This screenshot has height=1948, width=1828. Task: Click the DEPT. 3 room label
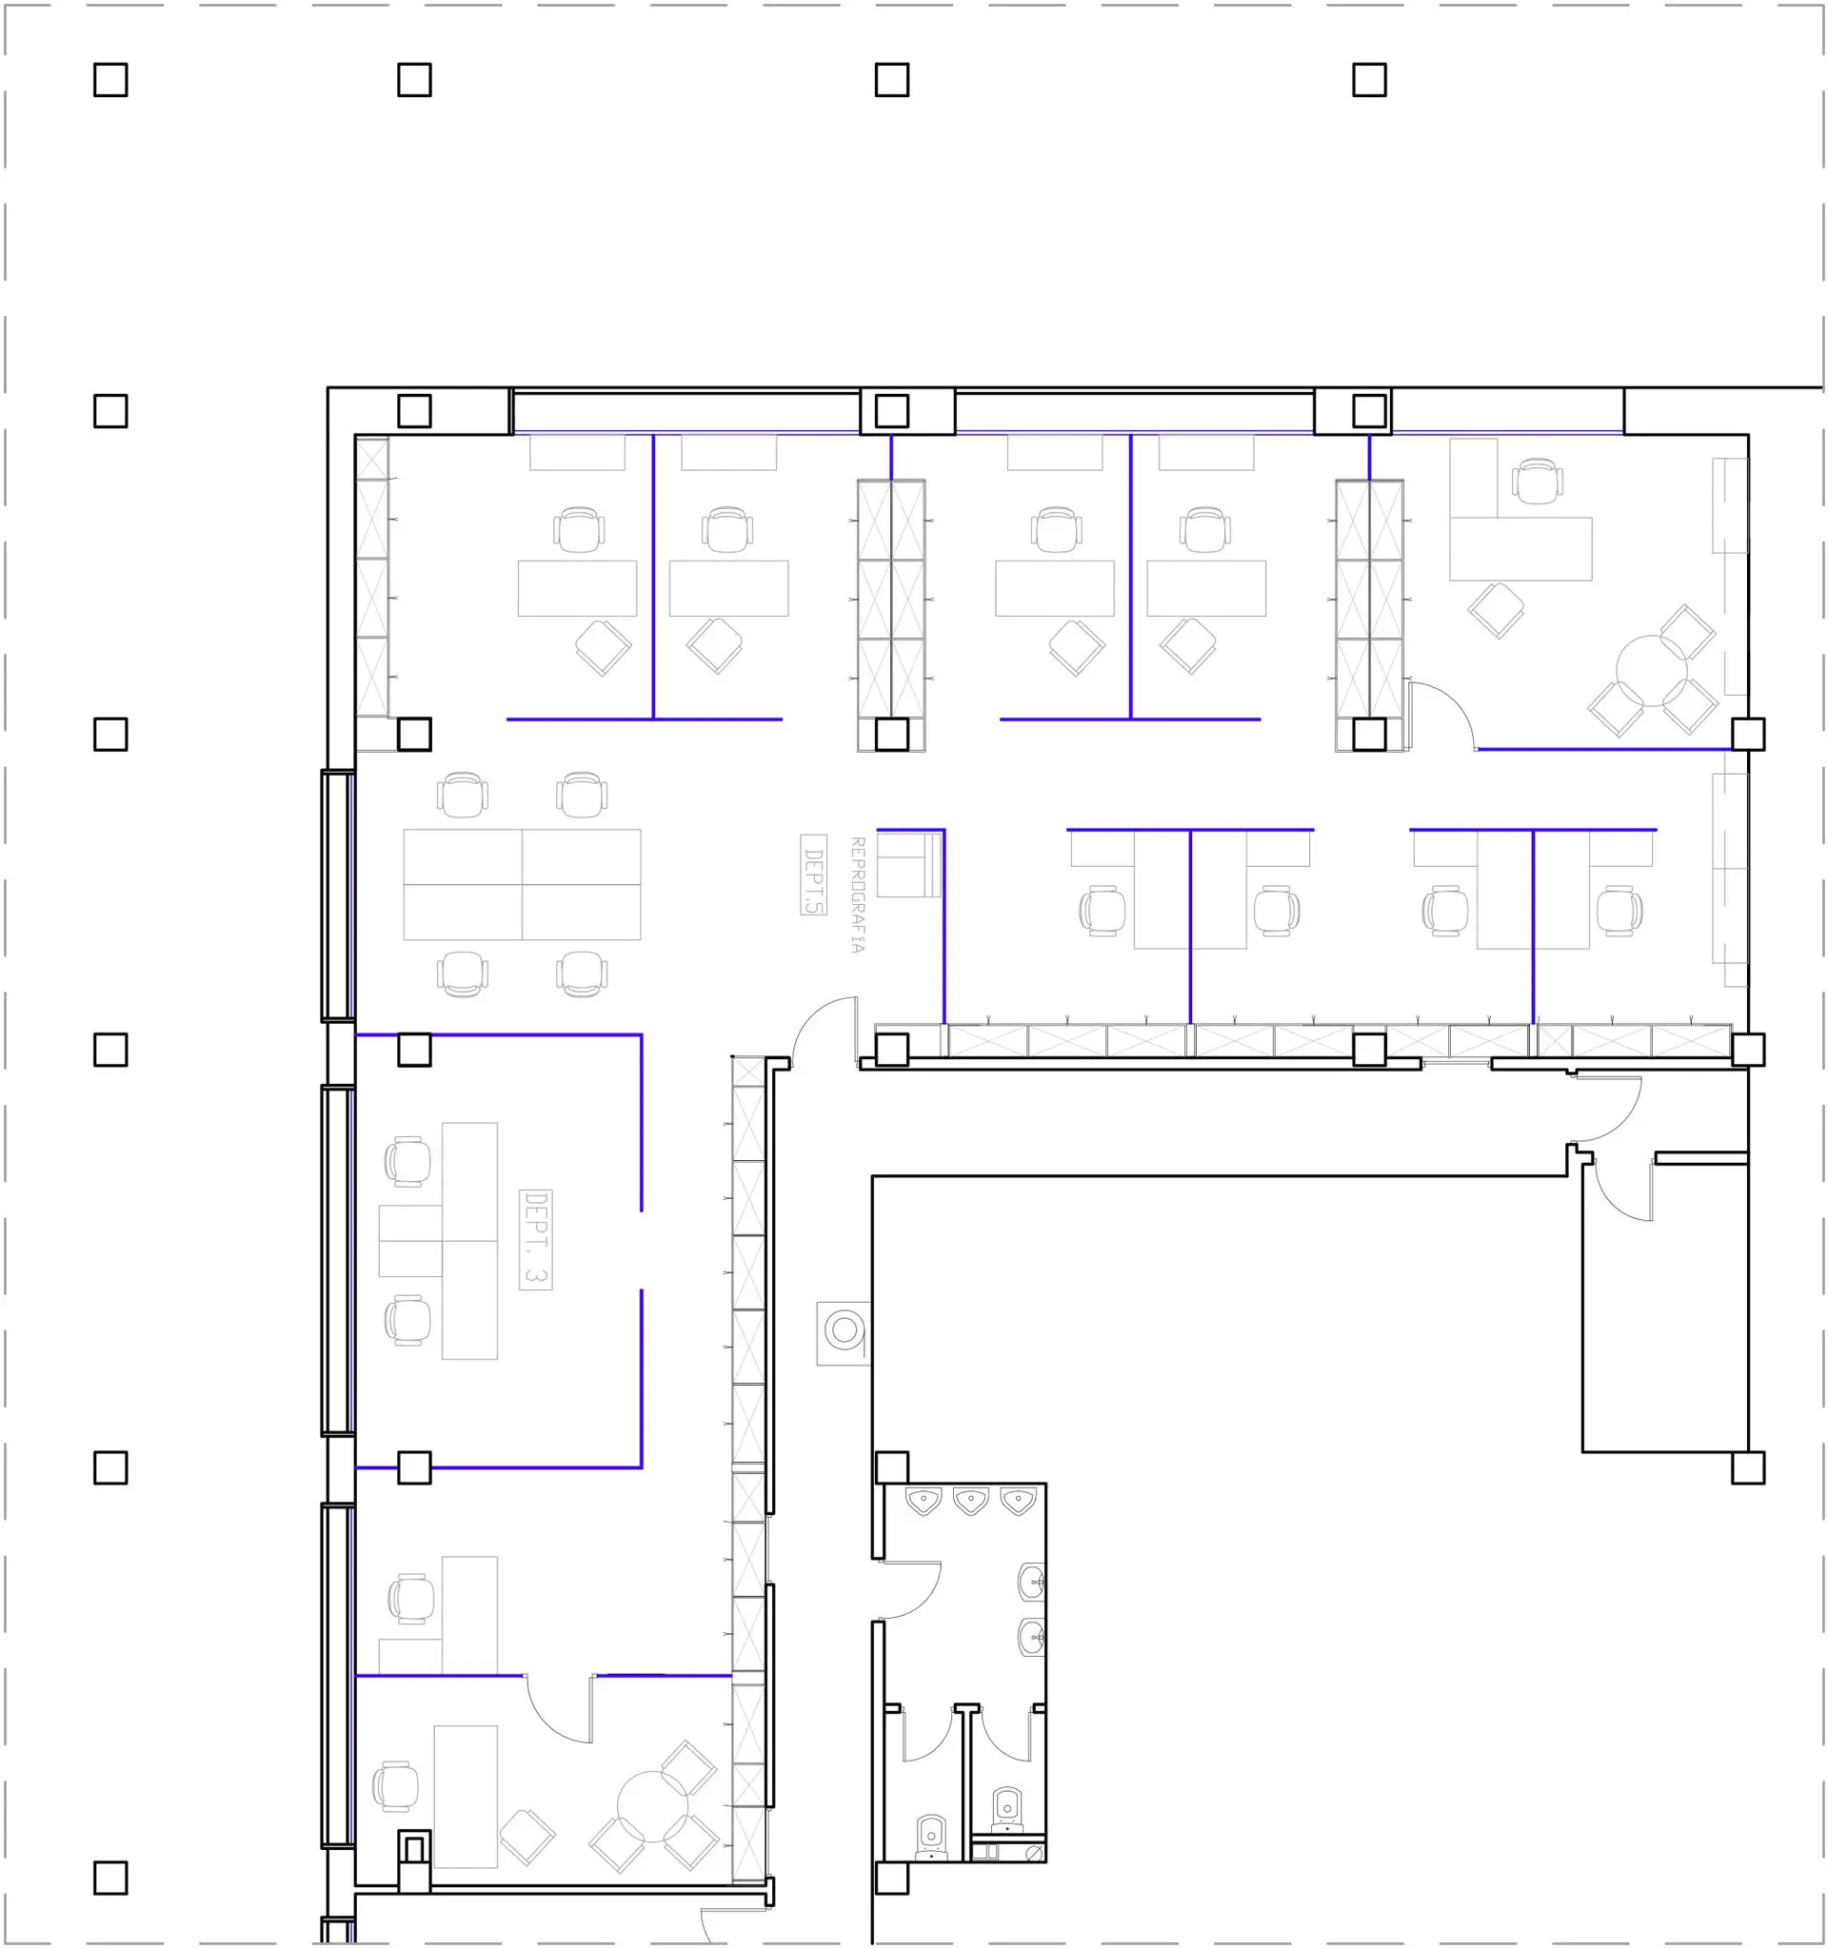coord(535,1239)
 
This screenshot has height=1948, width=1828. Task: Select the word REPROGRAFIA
coord(857,895)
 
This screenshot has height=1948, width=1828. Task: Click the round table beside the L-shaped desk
coord(1652,671)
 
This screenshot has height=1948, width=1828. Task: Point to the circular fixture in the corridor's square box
coord(844,1329)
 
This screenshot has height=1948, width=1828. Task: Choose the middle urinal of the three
coord(970,1501)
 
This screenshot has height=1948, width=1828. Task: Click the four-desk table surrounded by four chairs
coord(523,885)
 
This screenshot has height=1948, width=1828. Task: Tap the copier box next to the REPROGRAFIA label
coord(908,865)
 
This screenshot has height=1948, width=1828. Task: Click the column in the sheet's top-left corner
coord(110,79)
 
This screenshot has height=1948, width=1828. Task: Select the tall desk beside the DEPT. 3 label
coord(469,1241)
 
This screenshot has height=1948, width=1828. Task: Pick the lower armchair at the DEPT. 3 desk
coord(407,1320)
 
